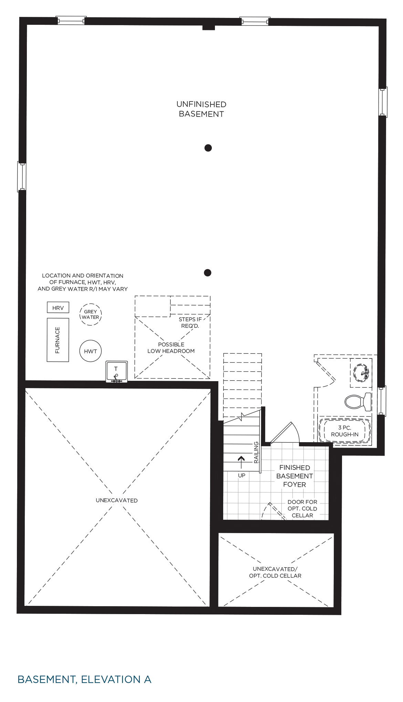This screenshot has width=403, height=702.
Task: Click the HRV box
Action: tap(58, 307)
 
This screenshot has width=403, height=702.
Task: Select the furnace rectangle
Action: tap(58, 340)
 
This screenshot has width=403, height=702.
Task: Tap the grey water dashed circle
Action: tap(91, 314)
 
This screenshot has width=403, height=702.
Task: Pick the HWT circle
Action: tap(91, 351)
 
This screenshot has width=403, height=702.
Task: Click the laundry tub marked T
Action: tap(116, 372)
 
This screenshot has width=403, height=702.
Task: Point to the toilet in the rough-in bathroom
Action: tap(358, 401)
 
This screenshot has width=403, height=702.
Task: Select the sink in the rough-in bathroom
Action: tap(361, 373)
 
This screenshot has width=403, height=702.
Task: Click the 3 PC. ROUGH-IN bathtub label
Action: tap(345, 431)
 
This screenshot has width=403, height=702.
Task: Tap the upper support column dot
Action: tap(208, 148)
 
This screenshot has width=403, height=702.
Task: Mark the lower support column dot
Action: tap(207, 273)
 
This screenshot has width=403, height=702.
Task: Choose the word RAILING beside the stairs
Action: tap(256, 452)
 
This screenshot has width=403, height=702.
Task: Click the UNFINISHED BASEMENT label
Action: tap(201, 109)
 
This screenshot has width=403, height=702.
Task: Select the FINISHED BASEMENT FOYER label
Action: tap(294, 476)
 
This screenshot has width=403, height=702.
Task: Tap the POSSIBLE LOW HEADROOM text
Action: tap(171, 348)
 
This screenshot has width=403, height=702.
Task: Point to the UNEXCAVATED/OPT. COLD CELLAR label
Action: tap(275, 572)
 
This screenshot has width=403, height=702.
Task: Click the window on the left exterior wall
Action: tap(22, 176)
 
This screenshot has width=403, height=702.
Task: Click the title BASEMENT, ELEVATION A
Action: tap(84, 679)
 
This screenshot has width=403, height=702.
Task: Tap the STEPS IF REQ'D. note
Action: tap(190, 323)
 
